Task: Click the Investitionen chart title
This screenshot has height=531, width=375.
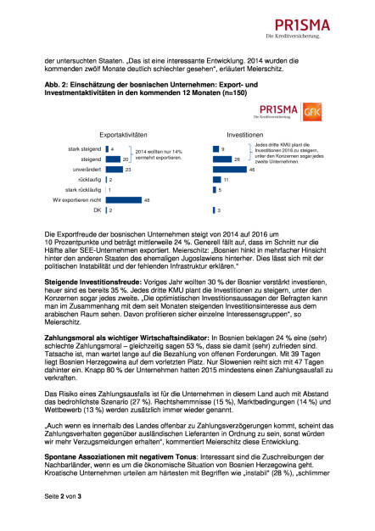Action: pyautogui.click(x=245, y=135)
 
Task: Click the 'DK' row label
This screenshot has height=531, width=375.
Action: pyautogui.click(x=96, y=210)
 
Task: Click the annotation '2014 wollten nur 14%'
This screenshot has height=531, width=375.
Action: pyautogui.click(x=157, y=150)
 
